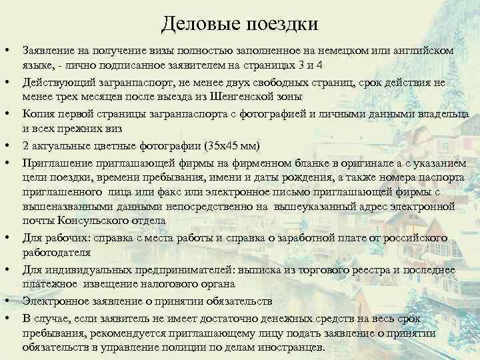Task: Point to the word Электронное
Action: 55,301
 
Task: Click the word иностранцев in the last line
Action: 290,347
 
